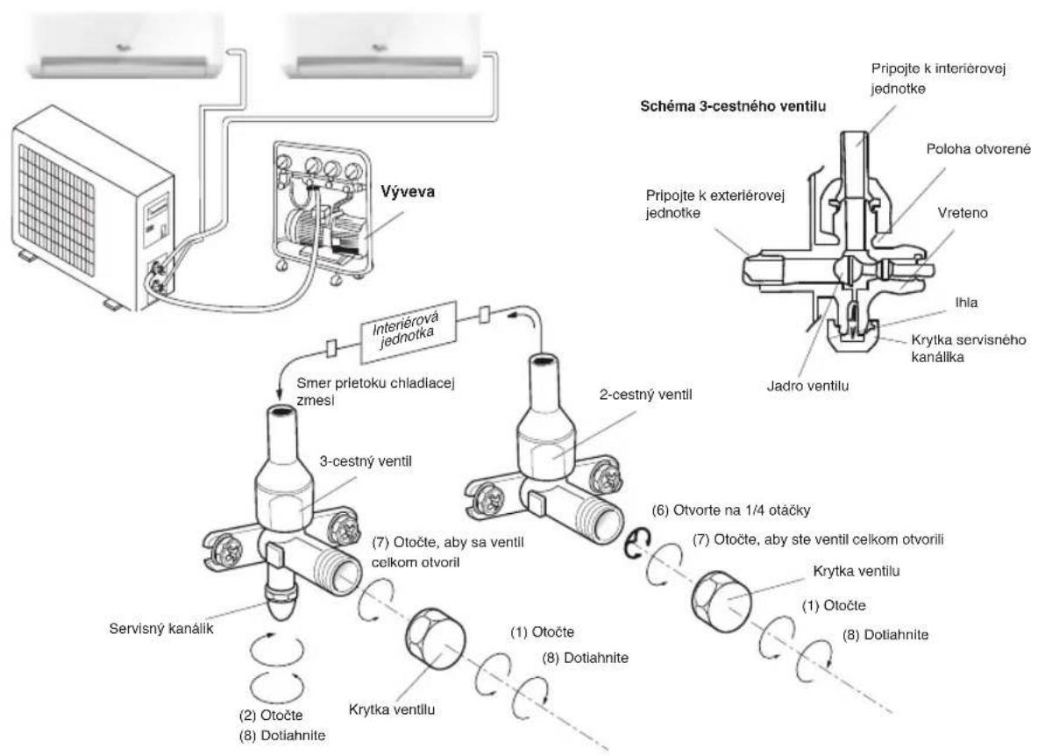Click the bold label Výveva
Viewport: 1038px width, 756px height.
(407, 191)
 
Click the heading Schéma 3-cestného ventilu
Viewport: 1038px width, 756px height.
(733, 106)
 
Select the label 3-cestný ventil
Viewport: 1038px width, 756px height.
(366, 461)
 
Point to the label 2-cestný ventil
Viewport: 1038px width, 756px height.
(645, 395)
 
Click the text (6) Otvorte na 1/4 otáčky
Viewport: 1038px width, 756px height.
(731, 510)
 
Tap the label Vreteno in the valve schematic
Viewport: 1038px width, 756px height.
(962, 213)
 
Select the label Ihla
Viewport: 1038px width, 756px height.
(966, 302)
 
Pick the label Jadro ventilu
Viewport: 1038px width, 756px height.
(807, 385)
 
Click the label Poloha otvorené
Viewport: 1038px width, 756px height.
(978, 149)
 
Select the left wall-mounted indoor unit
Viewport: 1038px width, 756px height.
(125, 45)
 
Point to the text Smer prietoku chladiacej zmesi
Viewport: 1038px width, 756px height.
(375, 391)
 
